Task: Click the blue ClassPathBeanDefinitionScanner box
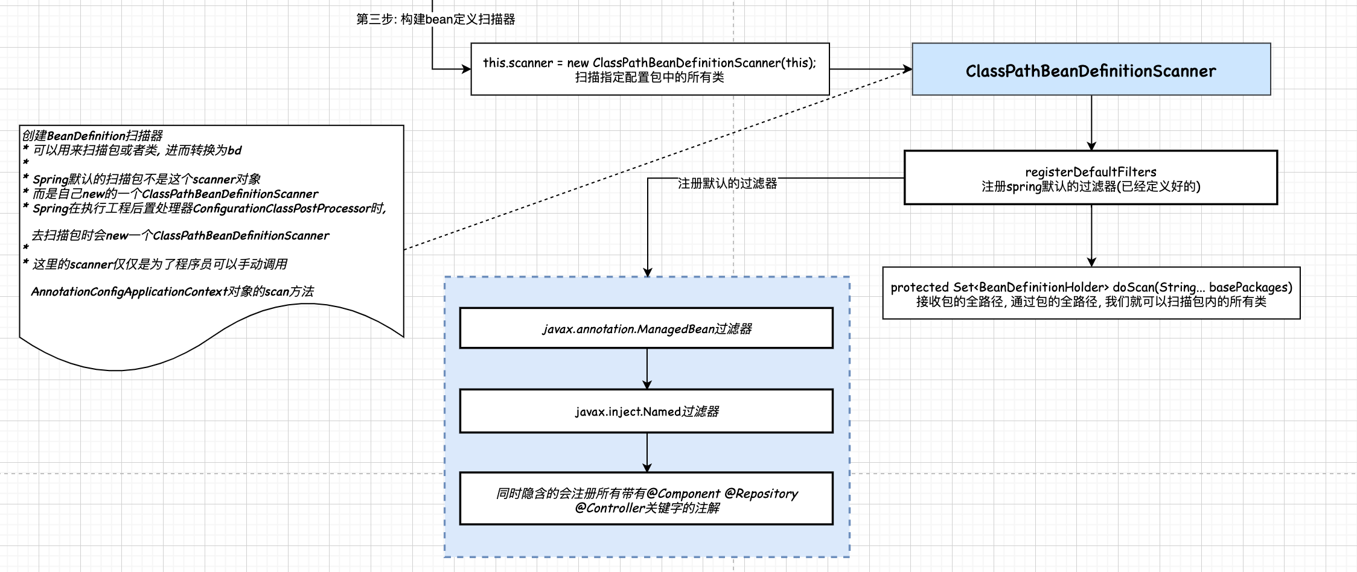pyautogui.click(x=1091, y=69)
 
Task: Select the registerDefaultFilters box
pyautogui.click(x=1090, y=178)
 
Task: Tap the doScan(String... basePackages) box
pyautogui.click(x=1091, y=293)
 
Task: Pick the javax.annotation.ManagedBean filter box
pyautogui.click(x=646, y=328)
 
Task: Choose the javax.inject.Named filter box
pyautogui.click(x=646, y=411)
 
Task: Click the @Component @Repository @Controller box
pyautogui.click(x=646, y=500)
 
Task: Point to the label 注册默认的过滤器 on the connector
pyautogui.click(x=727, y=183)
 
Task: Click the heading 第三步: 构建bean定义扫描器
pyautogui.click(x=435, y=19)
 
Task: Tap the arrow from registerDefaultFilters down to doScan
pyautogui.click(x=1091, y=235)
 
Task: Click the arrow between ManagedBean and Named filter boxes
pyautogui.click(x=647, y=368)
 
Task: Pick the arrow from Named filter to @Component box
pyautogui.click(x=647, y=452)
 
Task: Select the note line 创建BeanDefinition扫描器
pyautogui.click(x=92, y=136)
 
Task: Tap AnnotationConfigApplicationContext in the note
pyautogui.click(x=129, y=292)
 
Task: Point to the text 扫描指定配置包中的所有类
pyautogui.click(x=650, y=77)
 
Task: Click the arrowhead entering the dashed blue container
pyautogui.click(x=648, y=272)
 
